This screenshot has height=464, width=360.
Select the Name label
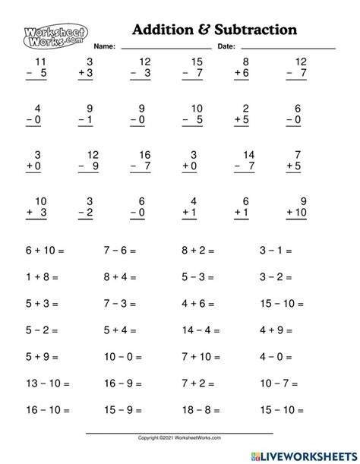pyautogui.click(x=105, y=47)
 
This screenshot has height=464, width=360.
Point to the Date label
pyautogui.click(x=226, y=47)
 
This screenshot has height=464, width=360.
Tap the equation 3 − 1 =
pyautogui.click(x=275, y=249)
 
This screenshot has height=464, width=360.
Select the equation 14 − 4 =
pyautogui.click(x=201, y=330)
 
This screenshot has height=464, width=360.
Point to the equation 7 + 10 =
pyautogui.click(x=201, y=357)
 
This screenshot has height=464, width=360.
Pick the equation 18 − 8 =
pyautogui.click(x=201, y=411)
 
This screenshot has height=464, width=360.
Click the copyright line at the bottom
pyautogui.click(x=179, y=438)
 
